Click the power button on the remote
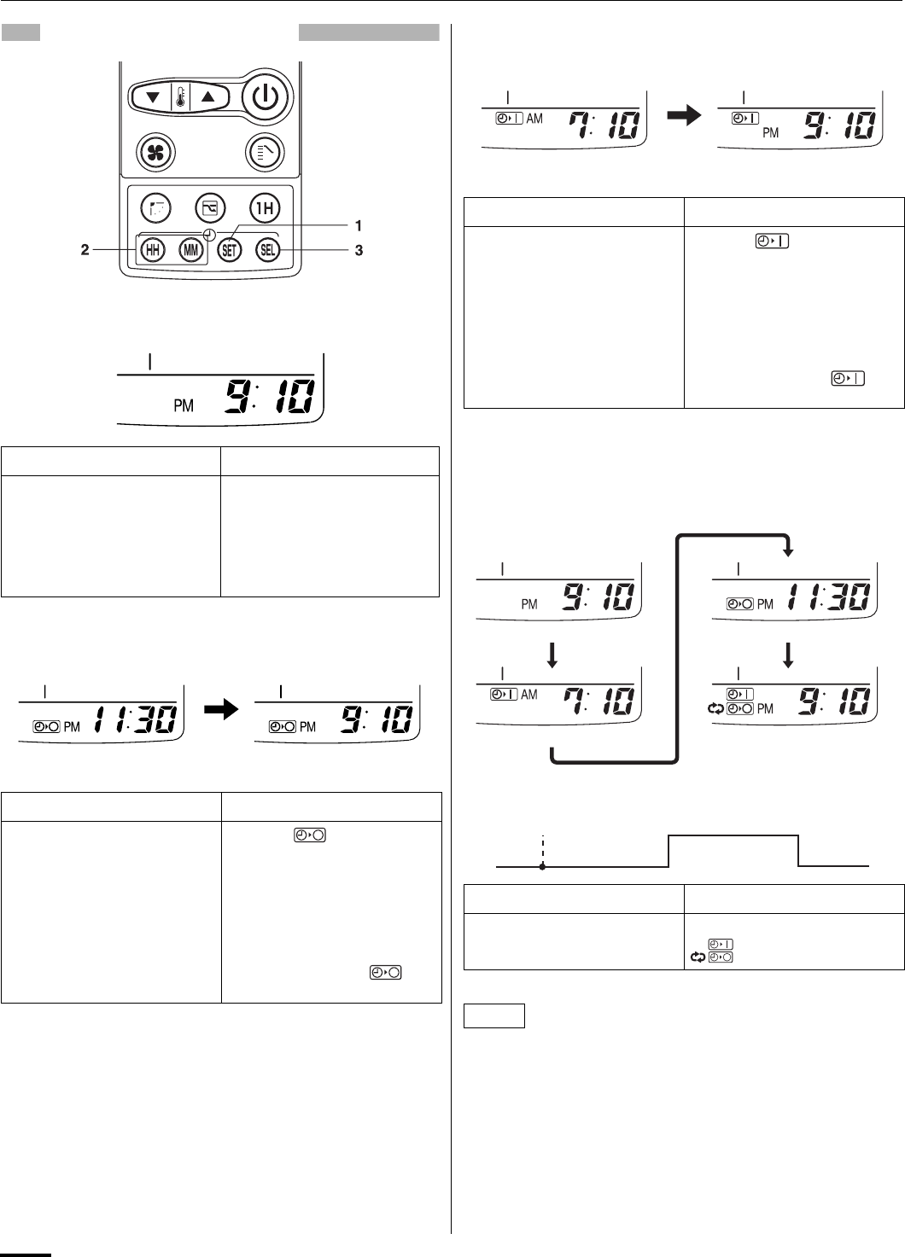(x=266, y=97)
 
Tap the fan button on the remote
(x=156, y=152)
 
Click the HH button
(x=152, y=250)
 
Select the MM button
(x=191, y=250)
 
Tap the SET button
(x=230, y=250)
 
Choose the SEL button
(x=268, y=250)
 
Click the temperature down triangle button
(x=153, y=97)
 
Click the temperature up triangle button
(x=208, y=97)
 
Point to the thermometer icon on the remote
(x=180, y=97)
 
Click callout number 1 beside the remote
(x=359, y=225)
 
